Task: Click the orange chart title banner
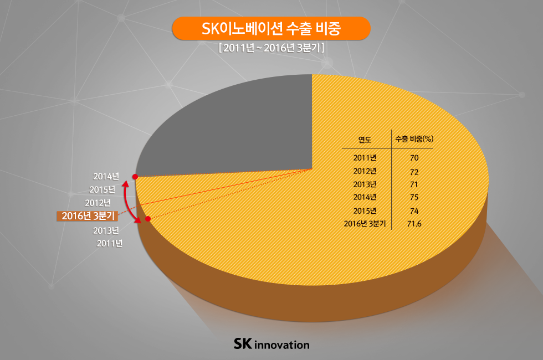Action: coord(271,28)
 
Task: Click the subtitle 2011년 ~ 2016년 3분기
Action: coord(271,48)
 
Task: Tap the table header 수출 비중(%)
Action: coord(414,138)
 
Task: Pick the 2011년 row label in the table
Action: coord(365,158)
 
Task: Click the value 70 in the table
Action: coord(414,158)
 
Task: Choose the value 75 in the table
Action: coord(414,197)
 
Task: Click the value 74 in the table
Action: coord(414,210)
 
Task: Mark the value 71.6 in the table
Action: coord(414,224)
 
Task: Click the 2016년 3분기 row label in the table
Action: coord(365,224)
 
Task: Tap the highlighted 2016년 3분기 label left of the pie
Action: coord(88,216)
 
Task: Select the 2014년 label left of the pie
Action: coord(106,177)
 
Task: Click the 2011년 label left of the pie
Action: coord(110,243)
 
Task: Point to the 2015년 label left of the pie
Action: coord(102,190)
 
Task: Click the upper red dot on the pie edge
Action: coord(135,177)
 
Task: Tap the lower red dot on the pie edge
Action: coord(148,219)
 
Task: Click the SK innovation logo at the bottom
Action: coord(271,344)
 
